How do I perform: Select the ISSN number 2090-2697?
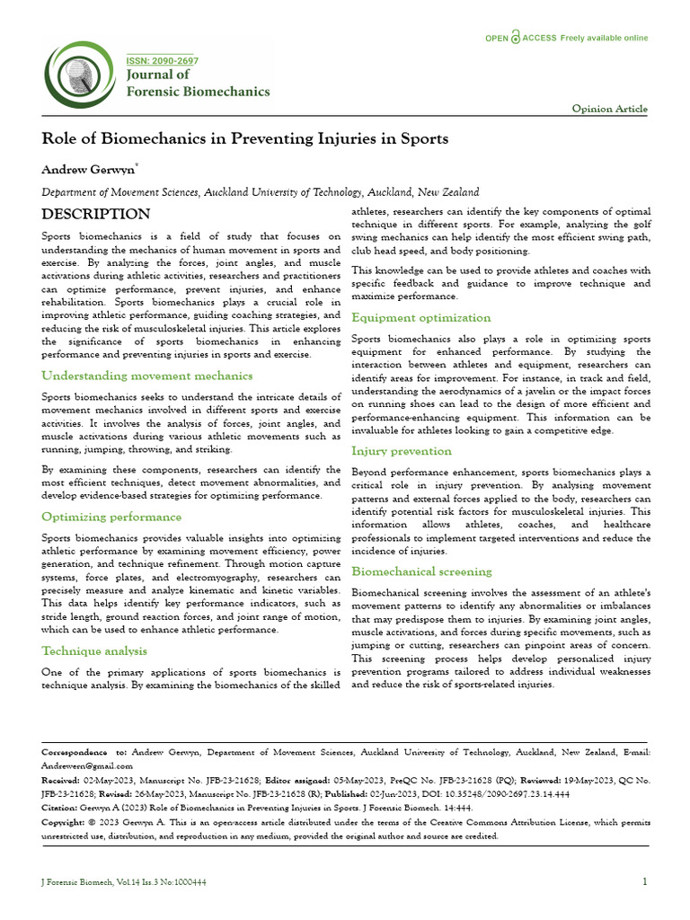(x=162, y=61)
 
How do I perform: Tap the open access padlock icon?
(x=516, y=38)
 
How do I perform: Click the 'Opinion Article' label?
(x=609, y=109)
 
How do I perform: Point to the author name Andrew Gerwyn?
(x=87, y=169)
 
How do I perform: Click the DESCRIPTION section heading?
(x=96, y=214)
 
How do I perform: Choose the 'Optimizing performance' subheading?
(x=111, y=517)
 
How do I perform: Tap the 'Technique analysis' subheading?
(x=94, y=650)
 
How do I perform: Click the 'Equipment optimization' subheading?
(x=420, y=317)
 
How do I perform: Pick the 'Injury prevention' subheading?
(x=401, y=451)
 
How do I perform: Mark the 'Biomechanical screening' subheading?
(x=421, y=571)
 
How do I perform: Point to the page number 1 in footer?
(x=644, y=881)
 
